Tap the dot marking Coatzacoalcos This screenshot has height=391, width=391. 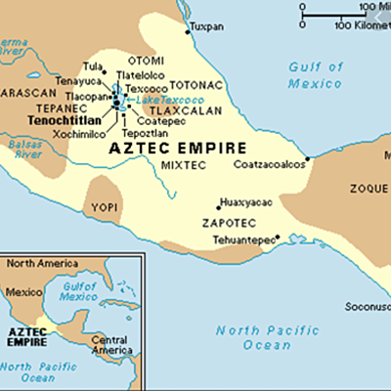[308, 157]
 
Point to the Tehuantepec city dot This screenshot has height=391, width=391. [279, 237]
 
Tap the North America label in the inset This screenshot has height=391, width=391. [38, 262]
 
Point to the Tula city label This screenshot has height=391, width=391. [93, 66]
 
